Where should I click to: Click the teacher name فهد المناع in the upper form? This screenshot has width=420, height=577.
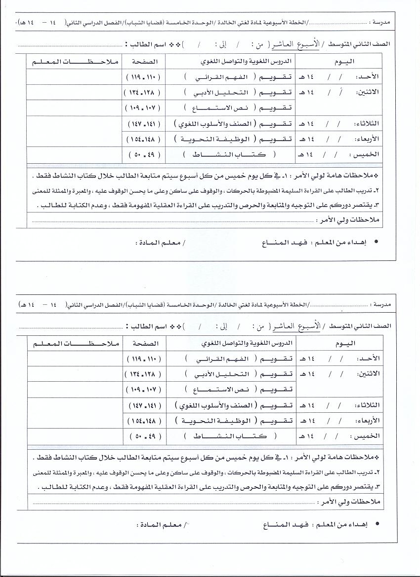[279, 243]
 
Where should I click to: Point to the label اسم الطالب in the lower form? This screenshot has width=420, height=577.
[146, 326]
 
